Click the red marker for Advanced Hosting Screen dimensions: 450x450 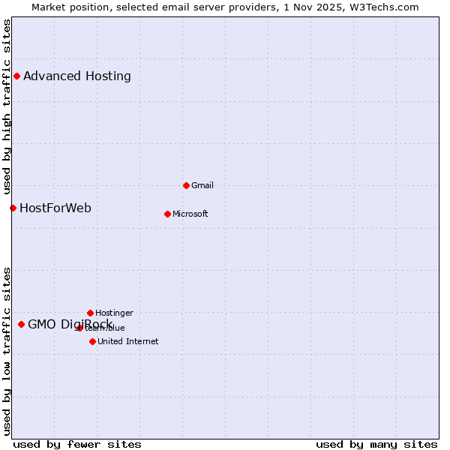pos(16,76)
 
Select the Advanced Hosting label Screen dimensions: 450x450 pos(77,76)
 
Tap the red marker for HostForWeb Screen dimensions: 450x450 pos(13,208)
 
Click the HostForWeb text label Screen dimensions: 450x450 pos(55,208)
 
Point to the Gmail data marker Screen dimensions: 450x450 pos(186,185)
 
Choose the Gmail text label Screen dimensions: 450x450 pos(202,185)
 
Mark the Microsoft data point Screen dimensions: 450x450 pos(167,214)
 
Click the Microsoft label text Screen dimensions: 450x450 pos(190,214)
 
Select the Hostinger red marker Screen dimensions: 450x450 pos(90,313)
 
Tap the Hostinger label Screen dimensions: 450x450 pos(114,313)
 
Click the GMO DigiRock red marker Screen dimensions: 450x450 pos(21,324)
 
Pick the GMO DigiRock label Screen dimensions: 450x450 pos(70,324)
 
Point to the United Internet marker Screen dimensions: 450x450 pos(92,341)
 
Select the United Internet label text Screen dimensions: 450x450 pos(128,341)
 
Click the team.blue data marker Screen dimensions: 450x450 pos(79,328)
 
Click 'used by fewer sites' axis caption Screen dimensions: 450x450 pos(77,444)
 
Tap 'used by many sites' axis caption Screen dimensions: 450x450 pos(376,444)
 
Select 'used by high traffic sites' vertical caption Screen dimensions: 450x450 pos(7,105)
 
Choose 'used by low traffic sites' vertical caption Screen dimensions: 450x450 pos(7,351)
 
